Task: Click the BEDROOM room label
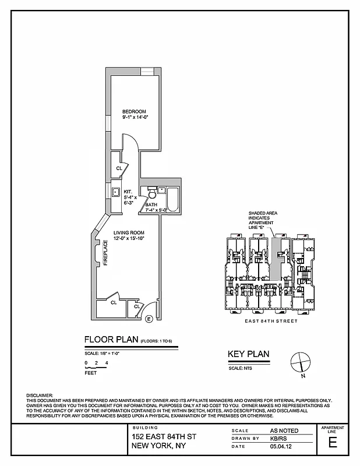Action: click(x=133, y=111)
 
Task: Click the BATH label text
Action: click(x=151, y=204)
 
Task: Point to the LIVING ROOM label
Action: click(x=129, y=233)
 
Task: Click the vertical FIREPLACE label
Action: click(x=106, y=255)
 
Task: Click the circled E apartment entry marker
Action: click(x=149, y=319)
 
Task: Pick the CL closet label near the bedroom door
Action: click(x=119, y=168)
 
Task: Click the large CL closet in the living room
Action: click(x=114, y=303)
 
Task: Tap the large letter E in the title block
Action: click(x=333, y=442)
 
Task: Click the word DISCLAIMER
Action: click(x=40, y=395)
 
